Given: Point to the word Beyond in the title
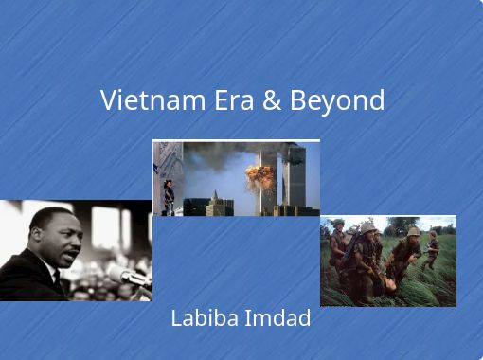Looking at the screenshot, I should pos(336,100).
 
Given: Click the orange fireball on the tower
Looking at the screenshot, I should pos(259,176).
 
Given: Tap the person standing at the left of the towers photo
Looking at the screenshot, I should pos(169,197).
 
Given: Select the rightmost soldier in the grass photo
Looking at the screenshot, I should pos(433,249).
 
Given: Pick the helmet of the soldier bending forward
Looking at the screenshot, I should pos(413,232).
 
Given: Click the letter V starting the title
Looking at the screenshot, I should pos(108,100).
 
